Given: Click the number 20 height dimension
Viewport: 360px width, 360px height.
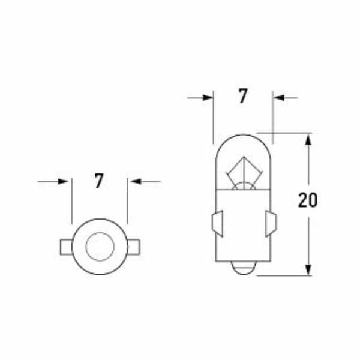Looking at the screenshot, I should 307,200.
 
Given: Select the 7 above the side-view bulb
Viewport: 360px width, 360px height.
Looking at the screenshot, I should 242,97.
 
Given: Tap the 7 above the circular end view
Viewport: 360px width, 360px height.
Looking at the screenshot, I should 99,181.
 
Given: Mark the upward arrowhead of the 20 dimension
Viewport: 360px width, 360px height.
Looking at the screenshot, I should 308,140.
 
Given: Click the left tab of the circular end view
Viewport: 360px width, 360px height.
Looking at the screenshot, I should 65,247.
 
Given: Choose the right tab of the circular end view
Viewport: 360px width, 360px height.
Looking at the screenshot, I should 134,247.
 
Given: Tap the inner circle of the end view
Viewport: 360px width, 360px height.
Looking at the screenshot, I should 100,247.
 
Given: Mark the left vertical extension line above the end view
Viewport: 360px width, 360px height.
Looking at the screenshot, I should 71,201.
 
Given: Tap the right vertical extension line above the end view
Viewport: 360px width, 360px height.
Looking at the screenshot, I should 127,201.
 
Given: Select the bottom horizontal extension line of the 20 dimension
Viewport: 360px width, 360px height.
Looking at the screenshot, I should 282,275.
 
